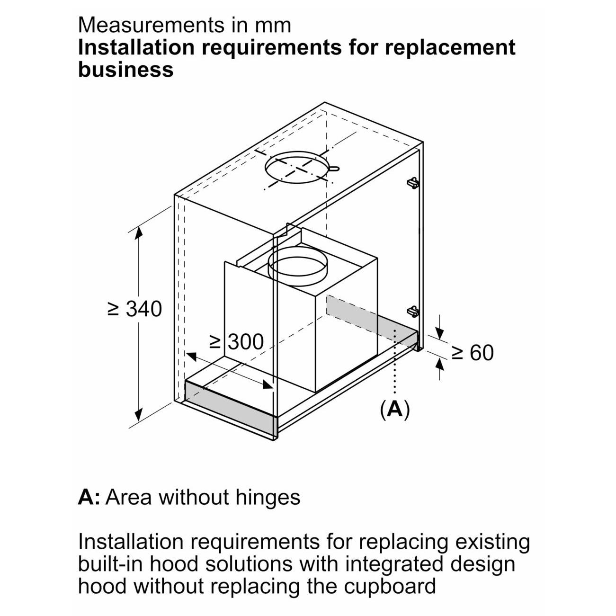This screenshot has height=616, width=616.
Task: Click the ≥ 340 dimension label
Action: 135,309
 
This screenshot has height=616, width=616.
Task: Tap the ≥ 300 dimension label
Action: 236,341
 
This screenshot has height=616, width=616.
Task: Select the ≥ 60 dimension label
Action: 472,352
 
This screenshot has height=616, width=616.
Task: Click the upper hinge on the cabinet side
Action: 413,182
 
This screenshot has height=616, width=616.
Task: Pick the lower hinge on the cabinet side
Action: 413,311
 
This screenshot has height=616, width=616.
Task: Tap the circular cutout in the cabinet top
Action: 298,168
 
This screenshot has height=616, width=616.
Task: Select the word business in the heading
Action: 125,70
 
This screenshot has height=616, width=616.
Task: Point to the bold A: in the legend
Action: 89,497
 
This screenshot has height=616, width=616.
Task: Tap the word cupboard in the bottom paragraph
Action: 389,586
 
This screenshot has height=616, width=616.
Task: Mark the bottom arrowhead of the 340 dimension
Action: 138,417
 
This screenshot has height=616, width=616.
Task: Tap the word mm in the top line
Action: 276,25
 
